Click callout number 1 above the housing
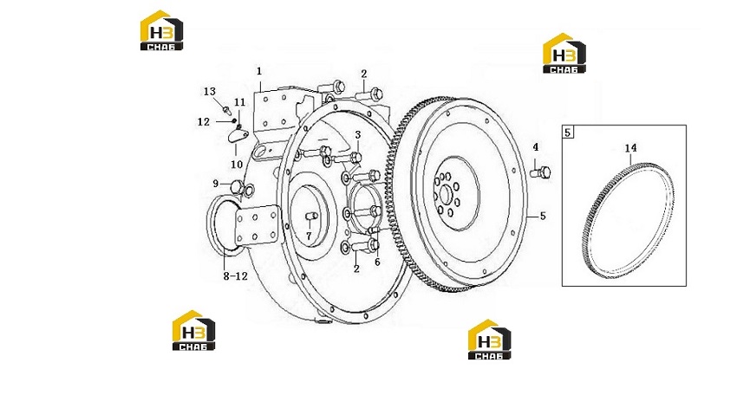pyautogui.click(x=259, y=71)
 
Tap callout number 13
pyautogui.click(x=210, y=92)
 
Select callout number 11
pyautogui.click(x=239, y=102)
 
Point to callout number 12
pyautogui.click(x=204, y=122)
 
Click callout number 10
pyautogui.click(x=237, y=165)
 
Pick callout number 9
pyautogui.click(x=216, y=184)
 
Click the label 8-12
pyautogui.click(x=235, y=276)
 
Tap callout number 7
pyautogui.click(x=309, y=236)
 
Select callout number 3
pyautogui.click(x=358, y=135)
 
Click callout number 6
pyautogui.click(x=377, y=262)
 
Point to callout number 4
pyautogui.click(x=535, y=147)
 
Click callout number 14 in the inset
pyautogui.click(x=630, y=148)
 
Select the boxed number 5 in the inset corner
pyautogui.click(x=567, y=133)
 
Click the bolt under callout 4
pyautogui.click(x=540, y=172)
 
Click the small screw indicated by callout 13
pyautogui.click(x=227, y=111)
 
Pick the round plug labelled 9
pyautogui.click(x=237, y=186)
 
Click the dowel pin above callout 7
pyautogui.click(x=311, y=216)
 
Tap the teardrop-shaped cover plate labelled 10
pyautogui.click(x=238, y=136)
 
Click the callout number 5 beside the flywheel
pyautogui.click(x=543, y=216)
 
